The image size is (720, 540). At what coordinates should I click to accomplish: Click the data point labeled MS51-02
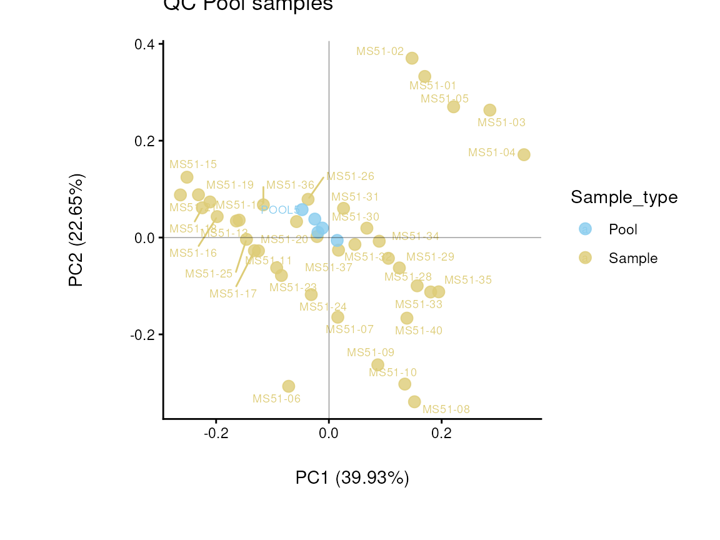point(412,58)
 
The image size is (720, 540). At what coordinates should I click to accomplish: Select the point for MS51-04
point(524,154)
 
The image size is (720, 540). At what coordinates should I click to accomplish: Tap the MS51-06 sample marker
point(288,386)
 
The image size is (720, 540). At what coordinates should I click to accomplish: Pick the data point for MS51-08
point(414,401)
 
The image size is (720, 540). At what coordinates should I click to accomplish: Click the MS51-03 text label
point(501,122)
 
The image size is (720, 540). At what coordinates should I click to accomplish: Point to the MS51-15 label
point(193,164)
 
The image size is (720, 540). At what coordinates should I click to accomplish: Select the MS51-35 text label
point(468,280)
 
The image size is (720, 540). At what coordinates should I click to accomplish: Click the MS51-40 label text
point(419,331)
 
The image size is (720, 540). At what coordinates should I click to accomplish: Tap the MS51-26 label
point(350,176)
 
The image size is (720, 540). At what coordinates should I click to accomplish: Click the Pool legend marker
point(585,229)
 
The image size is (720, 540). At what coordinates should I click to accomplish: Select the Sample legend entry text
point(633,258)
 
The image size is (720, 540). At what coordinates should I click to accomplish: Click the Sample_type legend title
point(624,197)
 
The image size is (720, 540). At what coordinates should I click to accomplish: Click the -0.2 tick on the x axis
point(216,433)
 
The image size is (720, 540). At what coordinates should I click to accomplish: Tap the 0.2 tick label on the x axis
point(442,433)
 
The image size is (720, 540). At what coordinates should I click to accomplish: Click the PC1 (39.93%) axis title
point(352,478)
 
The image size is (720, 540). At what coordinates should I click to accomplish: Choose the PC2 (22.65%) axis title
point(76,230)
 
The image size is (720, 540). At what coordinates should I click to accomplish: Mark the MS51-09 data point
point(377,365)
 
